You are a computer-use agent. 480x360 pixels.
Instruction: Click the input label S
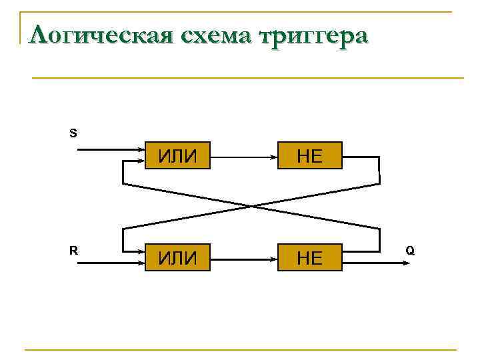click(x=73, y=133)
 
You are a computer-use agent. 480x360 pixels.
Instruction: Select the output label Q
click(x=410, y=251)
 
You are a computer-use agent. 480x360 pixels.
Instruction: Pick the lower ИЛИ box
click(x=177, y=257)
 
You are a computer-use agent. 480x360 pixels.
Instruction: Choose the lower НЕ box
click(x=309, y=257)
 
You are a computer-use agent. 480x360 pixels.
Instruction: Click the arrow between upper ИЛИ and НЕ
click(x=243, y=157)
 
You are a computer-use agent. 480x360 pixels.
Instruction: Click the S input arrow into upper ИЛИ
click(x=110, y=150)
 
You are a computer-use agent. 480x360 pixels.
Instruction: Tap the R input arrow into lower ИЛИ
click(x=110, y=262)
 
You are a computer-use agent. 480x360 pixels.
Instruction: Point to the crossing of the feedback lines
click(x=251, y=205)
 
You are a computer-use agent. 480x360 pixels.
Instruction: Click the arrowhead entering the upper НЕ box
click(x=274, y=157)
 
